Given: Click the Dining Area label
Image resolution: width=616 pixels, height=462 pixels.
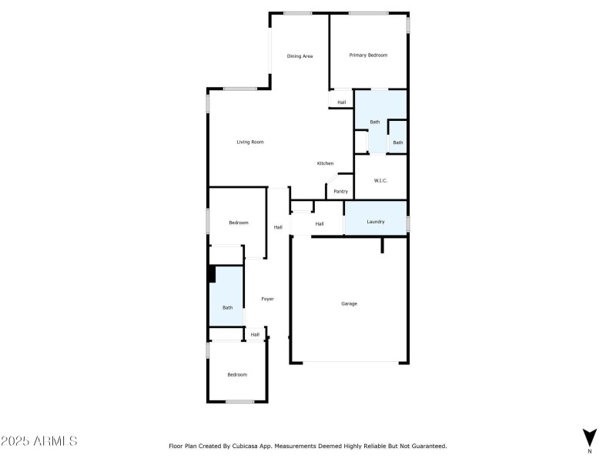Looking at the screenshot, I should click(300, 55).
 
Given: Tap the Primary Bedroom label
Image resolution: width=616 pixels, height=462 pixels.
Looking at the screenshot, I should click(368, 55).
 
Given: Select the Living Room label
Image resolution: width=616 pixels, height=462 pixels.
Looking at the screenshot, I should click(250, 142).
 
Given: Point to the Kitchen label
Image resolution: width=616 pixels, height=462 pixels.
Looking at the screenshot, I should click(325, 163).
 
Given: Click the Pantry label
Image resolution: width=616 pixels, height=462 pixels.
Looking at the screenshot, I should click(340, 191).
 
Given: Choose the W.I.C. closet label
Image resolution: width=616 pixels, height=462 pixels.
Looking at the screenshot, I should click(380, 180).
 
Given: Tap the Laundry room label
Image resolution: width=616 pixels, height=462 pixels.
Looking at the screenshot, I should click(375, 223).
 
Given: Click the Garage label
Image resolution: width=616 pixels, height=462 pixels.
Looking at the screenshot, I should click(349, 303).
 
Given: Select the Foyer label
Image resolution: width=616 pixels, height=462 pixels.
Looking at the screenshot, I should click(267, 299).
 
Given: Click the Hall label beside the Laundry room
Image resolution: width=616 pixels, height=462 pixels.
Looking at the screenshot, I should click(319, 224).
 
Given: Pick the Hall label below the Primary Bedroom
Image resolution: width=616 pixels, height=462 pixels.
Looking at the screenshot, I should click(341, 102).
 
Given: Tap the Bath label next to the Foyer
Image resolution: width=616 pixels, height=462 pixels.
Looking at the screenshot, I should click(227, 308).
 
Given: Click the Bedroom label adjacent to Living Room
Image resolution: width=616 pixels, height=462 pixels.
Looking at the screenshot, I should click(239, 223).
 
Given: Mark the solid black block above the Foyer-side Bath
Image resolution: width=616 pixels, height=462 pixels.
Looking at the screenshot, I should click(211, 274).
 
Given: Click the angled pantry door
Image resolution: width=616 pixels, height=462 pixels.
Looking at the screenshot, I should click(330, 185).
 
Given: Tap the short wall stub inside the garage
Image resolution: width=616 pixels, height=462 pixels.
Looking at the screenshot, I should click(382, 245).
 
